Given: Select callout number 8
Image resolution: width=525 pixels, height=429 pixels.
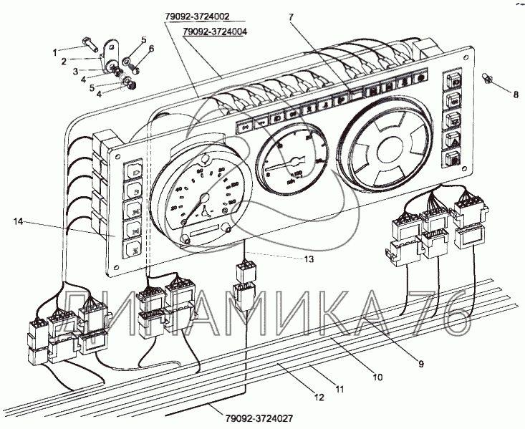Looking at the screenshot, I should click(x=514, y=94).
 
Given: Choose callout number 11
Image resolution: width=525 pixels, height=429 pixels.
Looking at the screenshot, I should click(x=340, y=389).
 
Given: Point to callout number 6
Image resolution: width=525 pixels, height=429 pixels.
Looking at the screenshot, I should click(x=151, y=49).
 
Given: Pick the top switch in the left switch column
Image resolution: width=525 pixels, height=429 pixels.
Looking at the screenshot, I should click(x=134, y=172).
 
